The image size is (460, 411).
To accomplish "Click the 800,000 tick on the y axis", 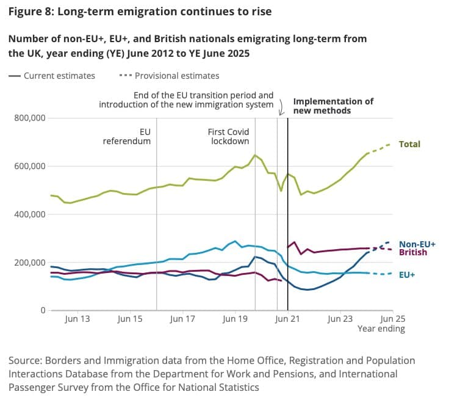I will [30, 118].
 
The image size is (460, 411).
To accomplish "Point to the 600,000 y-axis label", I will [30, 166].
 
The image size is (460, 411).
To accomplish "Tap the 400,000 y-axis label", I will [30, 214].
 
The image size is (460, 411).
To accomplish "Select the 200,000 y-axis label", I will [30, 263].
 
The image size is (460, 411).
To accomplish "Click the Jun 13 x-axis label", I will [77, 319].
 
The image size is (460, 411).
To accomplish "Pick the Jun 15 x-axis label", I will [130, 319].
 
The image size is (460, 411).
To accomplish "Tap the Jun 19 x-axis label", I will [234, 319].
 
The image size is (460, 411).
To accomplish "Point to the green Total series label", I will [409, 145].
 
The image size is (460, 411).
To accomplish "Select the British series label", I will [413, 252].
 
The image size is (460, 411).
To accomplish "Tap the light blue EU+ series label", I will [407, 275].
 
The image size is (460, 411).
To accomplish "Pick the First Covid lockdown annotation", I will [229, 136].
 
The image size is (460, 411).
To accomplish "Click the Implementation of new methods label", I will [332, 106].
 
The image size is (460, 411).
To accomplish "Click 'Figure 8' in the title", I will [30, 12].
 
